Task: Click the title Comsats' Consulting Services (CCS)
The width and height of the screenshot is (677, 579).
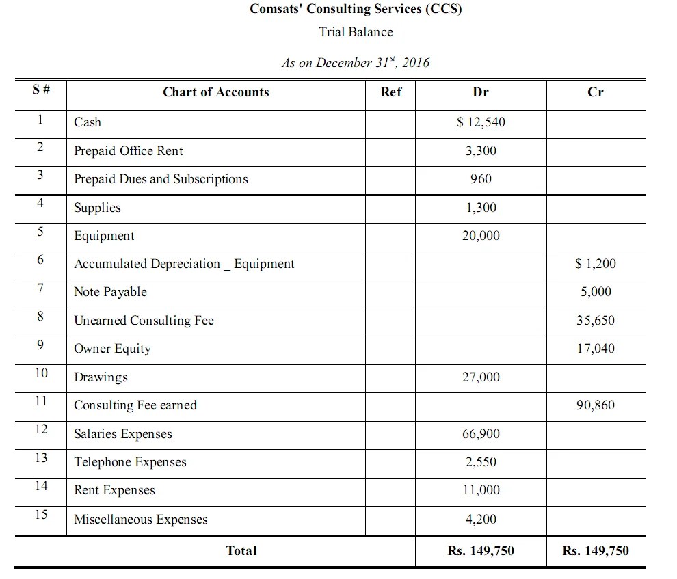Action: click(356, 10)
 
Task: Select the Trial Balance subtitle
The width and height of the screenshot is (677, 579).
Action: click(356, 31)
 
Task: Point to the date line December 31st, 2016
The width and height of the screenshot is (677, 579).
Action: click(356, 62)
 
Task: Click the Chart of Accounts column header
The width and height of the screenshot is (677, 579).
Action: click(215, 92)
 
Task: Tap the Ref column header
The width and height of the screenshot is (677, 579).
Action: click(390, 92)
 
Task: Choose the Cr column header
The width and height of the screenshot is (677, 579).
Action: click(595, 92)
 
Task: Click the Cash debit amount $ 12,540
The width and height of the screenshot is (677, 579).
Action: click(481, 122)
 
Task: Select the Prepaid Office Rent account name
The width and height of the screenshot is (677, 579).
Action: click(129, 151)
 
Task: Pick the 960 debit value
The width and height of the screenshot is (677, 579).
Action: click(481, 179)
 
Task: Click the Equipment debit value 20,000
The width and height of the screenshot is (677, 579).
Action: click(481, 236)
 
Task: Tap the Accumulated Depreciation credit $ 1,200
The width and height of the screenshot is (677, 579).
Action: click(595, 264)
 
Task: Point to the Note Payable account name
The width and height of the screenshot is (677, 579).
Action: click(110, 292)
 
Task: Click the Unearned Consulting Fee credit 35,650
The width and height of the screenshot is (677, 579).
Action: click(595, 321)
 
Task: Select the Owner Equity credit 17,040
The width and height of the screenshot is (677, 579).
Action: click(595, 349)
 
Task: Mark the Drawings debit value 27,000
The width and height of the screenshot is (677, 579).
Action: click(481, 377)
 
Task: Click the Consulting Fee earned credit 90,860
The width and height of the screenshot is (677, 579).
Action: click(595, 405)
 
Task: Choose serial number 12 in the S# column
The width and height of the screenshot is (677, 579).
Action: click(41, 429)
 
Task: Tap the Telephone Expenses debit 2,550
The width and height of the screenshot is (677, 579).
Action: click(481, 462)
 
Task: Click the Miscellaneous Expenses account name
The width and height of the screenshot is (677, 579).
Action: click(140, 520)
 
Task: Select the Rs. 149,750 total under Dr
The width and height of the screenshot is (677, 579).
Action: click(481, 551)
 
